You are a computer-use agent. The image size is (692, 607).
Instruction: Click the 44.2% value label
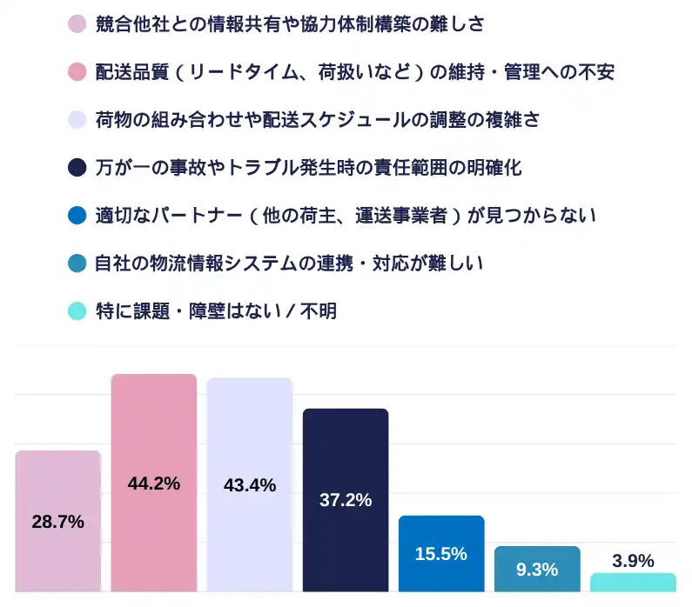(x=154, y=484)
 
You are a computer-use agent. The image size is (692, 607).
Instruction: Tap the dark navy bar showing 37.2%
(x=346, y=539)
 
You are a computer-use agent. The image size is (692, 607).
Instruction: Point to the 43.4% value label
(x=250, y=486)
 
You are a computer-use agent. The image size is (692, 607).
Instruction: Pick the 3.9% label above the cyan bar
(x=633, y=561)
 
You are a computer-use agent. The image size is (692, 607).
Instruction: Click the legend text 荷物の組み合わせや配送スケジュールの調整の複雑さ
(x=317, y=119)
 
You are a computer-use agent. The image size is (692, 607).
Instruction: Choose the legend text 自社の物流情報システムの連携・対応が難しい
(x=289, y=263)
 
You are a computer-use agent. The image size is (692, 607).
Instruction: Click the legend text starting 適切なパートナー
(x=346, y=215)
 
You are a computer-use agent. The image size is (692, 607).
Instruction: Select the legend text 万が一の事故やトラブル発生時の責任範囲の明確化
(x=308, y=167)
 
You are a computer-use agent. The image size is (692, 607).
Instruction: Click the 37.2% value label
(x=346, y=500)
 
